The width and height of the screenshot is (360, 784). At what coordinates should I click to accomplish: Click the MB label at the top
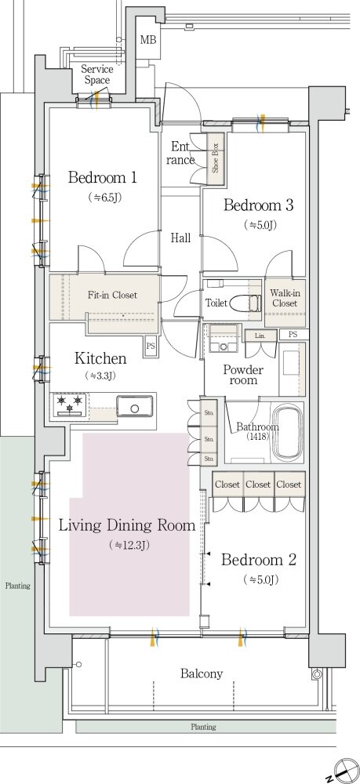pyautogui.click(x=147, y=40)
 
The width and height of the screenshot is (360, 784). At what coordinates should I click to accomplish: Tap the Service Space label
pyautogui.click(x=97, y=74)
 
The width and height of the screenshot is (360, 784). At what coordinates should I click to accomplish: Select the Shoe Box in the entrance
pyautogui.click(x=215, y=158)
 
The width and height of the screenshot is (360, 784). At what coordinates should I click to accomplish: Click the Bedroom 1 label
pyautogui.click(x=103, y=177)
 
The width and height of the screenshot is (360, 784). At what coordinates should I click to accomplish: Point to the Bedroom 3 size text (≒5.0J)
pyautogui.click(x=260, y=226)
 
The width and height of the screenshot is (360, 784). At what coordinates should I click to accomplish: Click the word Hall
pyautogui.click(x=180, y=238)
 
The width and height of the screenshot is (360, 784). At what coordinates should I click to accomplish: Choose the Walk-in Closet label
pyautogui.click(x=284, y=298)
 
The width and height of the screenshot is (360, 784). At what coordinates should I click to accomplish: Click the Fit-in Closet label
pyautogui.click(x=112, y=295)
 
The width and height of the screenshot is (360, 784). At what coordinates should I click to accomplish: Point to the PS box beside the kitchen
pyautogui.click(x=150, y=346)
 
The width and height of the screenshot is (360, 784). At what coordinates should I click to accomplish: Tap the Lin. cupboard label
pyautogui.click(x=260, y=335)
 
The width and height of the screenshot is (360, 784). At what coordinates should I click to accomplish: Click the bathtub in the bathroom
pyautogui.click(x=287, y=431)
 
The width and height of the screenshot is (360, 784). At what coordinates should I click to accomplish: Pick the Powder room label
pyautogui.click(x=243, y=375)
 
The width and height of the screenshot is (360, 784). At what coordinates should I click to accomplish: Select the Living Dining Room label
pyautogui.click(x=127, y=525)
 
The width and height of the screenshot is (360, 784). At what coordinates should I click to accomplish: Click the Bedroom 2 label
pyautogui.click(x=259, y=560)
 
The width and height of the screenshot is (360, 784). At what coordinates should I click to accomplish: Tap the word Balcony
pyautogui.click(x=202, y=673)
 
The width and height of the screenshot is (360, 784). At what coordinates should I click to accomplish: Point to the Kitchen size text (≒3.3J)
pyautogui.click(x=100, y=376)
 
